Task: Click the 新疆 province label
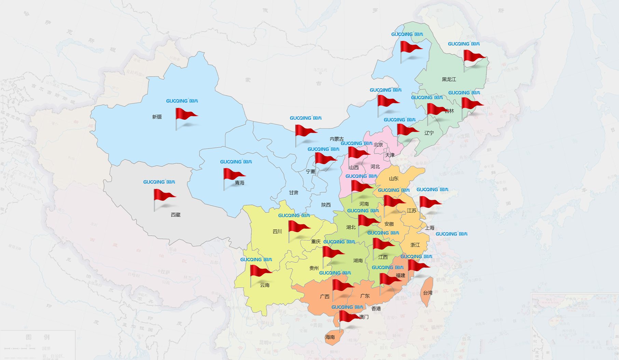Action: (157, 117)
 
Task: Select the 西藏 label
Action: (176, 215)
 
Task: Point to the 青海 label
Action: (239, 183)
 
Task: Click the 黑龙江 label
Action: (449, 79)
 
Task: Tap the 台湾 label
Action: (428, 293)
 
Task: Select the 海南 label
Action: (330, 337)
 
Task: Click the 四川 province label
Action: (277, 231)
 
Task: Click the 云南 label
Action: (265, 285)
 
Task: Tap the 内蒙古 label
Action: (337, 139)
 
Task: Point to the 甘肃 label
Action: (294, 193)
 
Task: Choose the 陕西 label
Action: (326, 205)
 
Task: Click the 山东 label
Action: (394, 178)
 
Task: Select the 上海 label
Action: (430, 228)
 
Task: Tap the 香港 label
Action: (376, 309)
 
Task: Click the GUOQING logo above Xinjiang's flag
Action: (182, 101)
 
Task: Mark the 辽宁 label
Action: (429, 133)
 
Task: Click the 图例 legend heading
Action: (38, 337)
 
